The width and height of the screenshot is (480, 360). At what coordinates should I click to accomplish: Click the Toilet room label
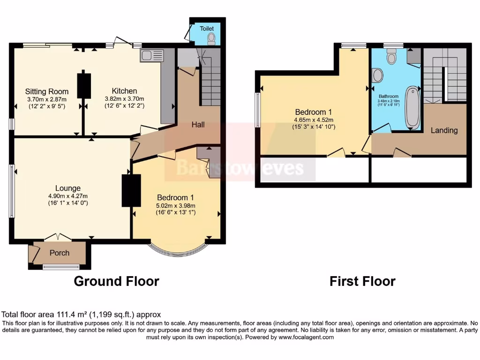[x=207, y=29]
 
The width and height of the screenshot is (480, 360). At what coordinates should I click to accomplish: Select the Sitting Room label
[x=47, y=91]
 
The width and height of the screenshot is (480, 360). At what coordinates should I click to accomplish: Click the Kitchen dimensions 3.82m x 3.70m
[x=124, y=99]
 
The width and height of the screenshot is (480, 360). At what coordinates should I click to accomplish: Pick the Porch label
[x=60, y=253]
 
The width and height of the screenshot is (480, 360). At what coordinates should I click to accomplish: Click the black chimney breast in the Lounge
[x=131, y=190]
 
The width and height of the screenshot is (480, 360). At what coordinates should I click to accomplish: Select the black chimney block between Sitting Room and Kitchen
[x=84, y=85]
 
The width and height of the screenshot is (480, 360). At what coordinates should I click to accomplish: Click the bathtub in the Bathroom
[x=413, y=108]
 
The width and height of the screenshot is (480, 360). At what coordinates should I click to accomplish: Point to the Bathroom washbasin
[x=377, y=75]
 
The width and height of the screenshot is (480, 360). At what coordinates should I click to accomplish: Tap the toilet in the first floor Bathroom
[x=392, y=57]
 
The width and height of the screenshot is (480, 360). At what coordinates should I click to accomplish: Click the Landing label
[x=444, y=130]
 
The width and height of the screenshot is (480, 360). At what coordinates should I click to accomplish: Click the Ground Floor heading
[x=117, y=281]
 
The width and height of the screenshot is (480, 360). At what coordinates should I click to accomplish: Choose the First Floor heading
[x=362, y=281]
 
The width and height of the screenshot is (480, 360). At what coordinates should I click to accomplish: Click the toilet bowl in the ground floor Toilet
[x=211, y=38]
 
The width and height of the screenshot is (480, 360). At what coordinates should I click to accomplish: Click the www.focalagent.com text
[x=306, y=337]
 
